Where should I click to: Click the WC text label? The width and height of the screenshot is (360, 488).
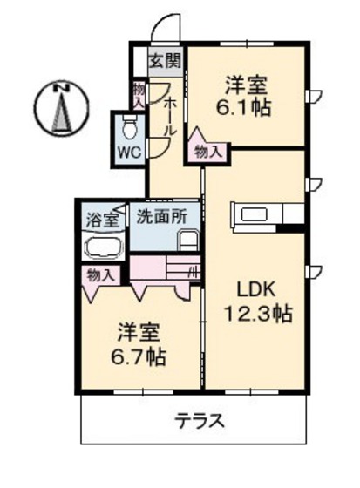tap(129, 150)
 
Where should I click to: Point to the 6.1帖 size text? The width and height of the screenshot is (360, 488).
tap(247, 107)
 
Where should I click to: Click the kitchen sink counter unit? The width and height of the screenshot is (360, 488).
tap(266, 213)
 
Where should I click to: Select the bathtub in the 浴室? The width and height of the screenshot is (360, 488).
tap(104, 247)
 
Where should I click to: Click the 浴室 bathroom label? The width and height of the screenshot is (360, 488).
tap(102, 220)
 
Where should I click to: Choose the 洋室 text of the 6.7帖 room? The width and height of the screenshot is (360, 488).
tap(137, 332)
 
